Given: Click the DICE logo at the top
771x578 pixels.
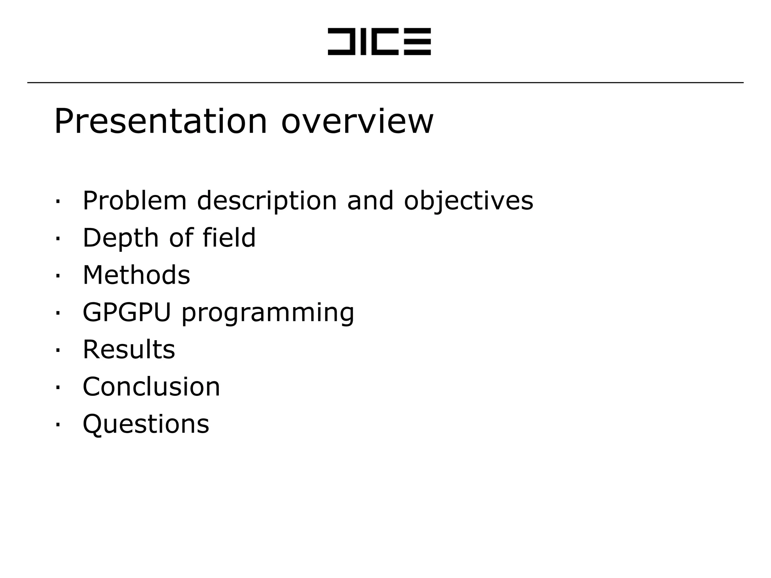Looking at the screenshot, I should [x=379, y=41].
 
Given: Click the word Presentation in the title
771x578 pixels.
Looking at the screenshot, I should [x=160, y=121].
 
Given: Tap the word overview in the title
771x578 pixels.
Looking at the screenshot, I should [x=357, y=121].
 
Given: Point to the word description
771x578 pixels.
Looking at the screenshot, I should [x=267, y=201].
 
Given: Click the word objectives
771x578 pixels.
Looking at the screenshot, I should [x=468, y=201].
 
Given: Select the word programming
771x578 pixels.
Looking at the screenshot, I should [x=268, y=313].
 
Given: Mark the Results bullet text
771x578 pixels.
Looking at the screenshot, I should [x=129, y=349].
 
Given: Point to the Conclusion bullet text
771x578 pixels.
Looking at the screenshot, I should [x=151, y=386].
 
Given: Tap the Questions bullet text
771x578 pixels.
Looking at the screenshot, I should [x=146, y=424].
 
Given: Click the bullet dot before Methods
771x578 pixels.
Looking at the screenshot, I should [x=58, y=276].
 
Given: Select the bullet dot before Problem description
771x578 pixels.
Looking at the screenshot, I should [x=58, y=201].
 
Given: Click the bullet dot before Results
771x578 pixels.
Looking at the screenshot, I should [x=58, y=350].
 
